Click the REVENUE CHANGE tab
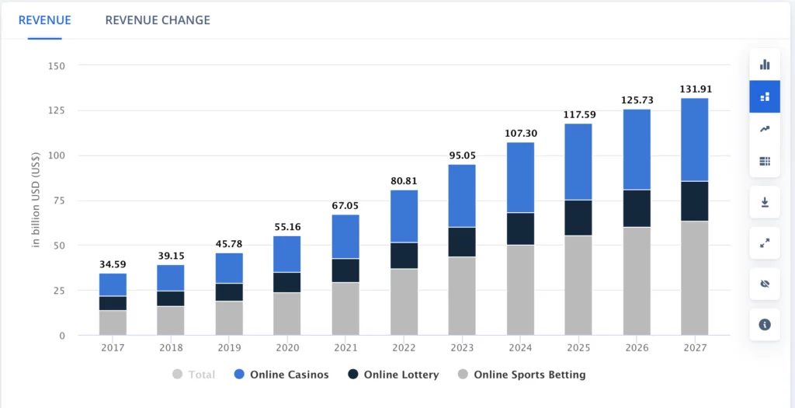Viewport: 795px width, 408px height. click(x=158, y=19)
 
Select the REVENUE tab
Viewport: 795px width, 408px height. click(x=44, y=19)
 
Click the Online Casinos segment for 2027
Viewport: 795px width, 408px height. click(x=694, y=140)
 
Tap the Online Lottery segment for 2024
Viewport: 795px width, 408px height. click(x=521, y=228)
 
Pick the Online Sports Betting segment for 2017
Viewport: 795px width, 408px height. click(x=113, y=323)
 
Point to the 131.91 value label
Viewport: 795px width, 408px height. click(x=694, y=89)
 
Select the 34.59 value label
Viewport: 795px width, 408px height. click(x=113, y=264)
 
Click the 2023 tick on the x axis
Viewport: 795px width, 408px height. click(x=462, y=348)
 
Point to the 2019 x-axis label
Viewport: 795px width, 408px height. click(x=229, y=348)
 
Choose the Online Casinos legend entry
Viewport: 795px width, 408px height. click(x=281, y=375)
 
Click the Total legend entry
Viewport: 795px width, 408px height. click(x=194, y=375)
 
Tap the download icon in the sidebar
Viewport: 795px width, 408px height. click(x=765, y=202)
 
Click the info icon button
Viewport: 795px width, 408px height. click(x=765, y=324)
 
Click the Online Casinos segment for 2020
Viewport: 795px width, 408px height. click(x=287, y=254)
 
